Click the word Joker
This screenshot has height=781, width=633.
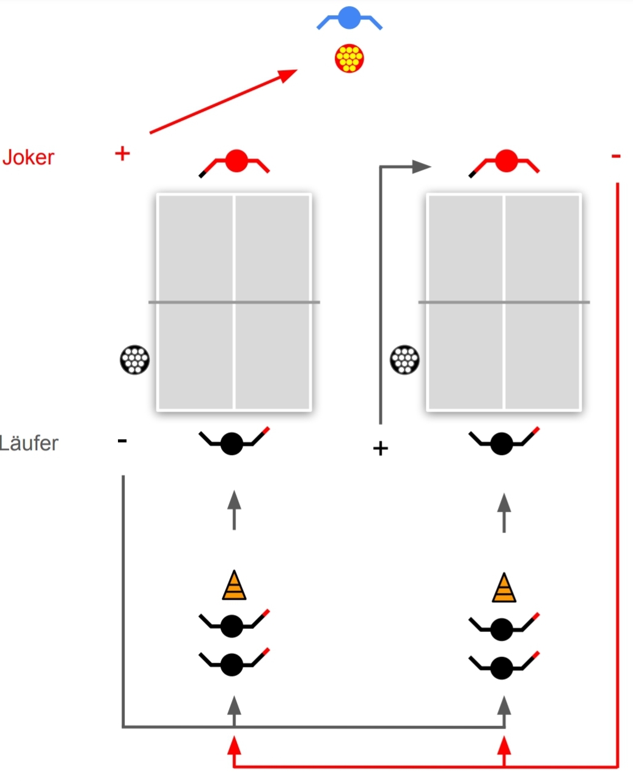coord(28,158)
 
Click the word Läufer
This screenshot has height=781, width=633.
coord(29,443)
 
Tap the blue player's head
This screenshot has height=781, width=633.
coord(349,17)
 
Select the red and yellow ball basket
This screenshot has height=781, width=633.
coord(349,58)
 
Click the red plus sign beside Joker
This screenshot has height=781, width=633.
coord(122,154)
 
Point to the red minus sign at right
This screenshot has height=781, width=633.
coord(616,156)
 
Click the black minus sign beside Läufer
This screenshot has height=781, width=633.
coord(122,441)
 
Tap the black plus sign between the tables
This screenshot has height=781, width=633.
coord(380,448)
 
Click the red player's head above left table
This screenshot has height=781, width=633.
coord(236,161)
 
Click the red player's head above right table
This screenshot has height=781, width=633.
coord(507,161)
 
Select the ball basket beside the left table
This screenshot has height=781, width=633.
coord(134,360)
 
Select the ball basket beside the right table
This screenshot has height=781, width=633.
coord(404,360)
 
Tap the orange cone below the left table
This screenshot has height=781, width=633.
coord(234,585)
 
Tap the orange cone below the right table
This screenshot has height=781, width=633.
coord(504,588)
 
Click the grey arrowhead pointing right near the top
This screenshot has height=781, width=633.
coord(422,167)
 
